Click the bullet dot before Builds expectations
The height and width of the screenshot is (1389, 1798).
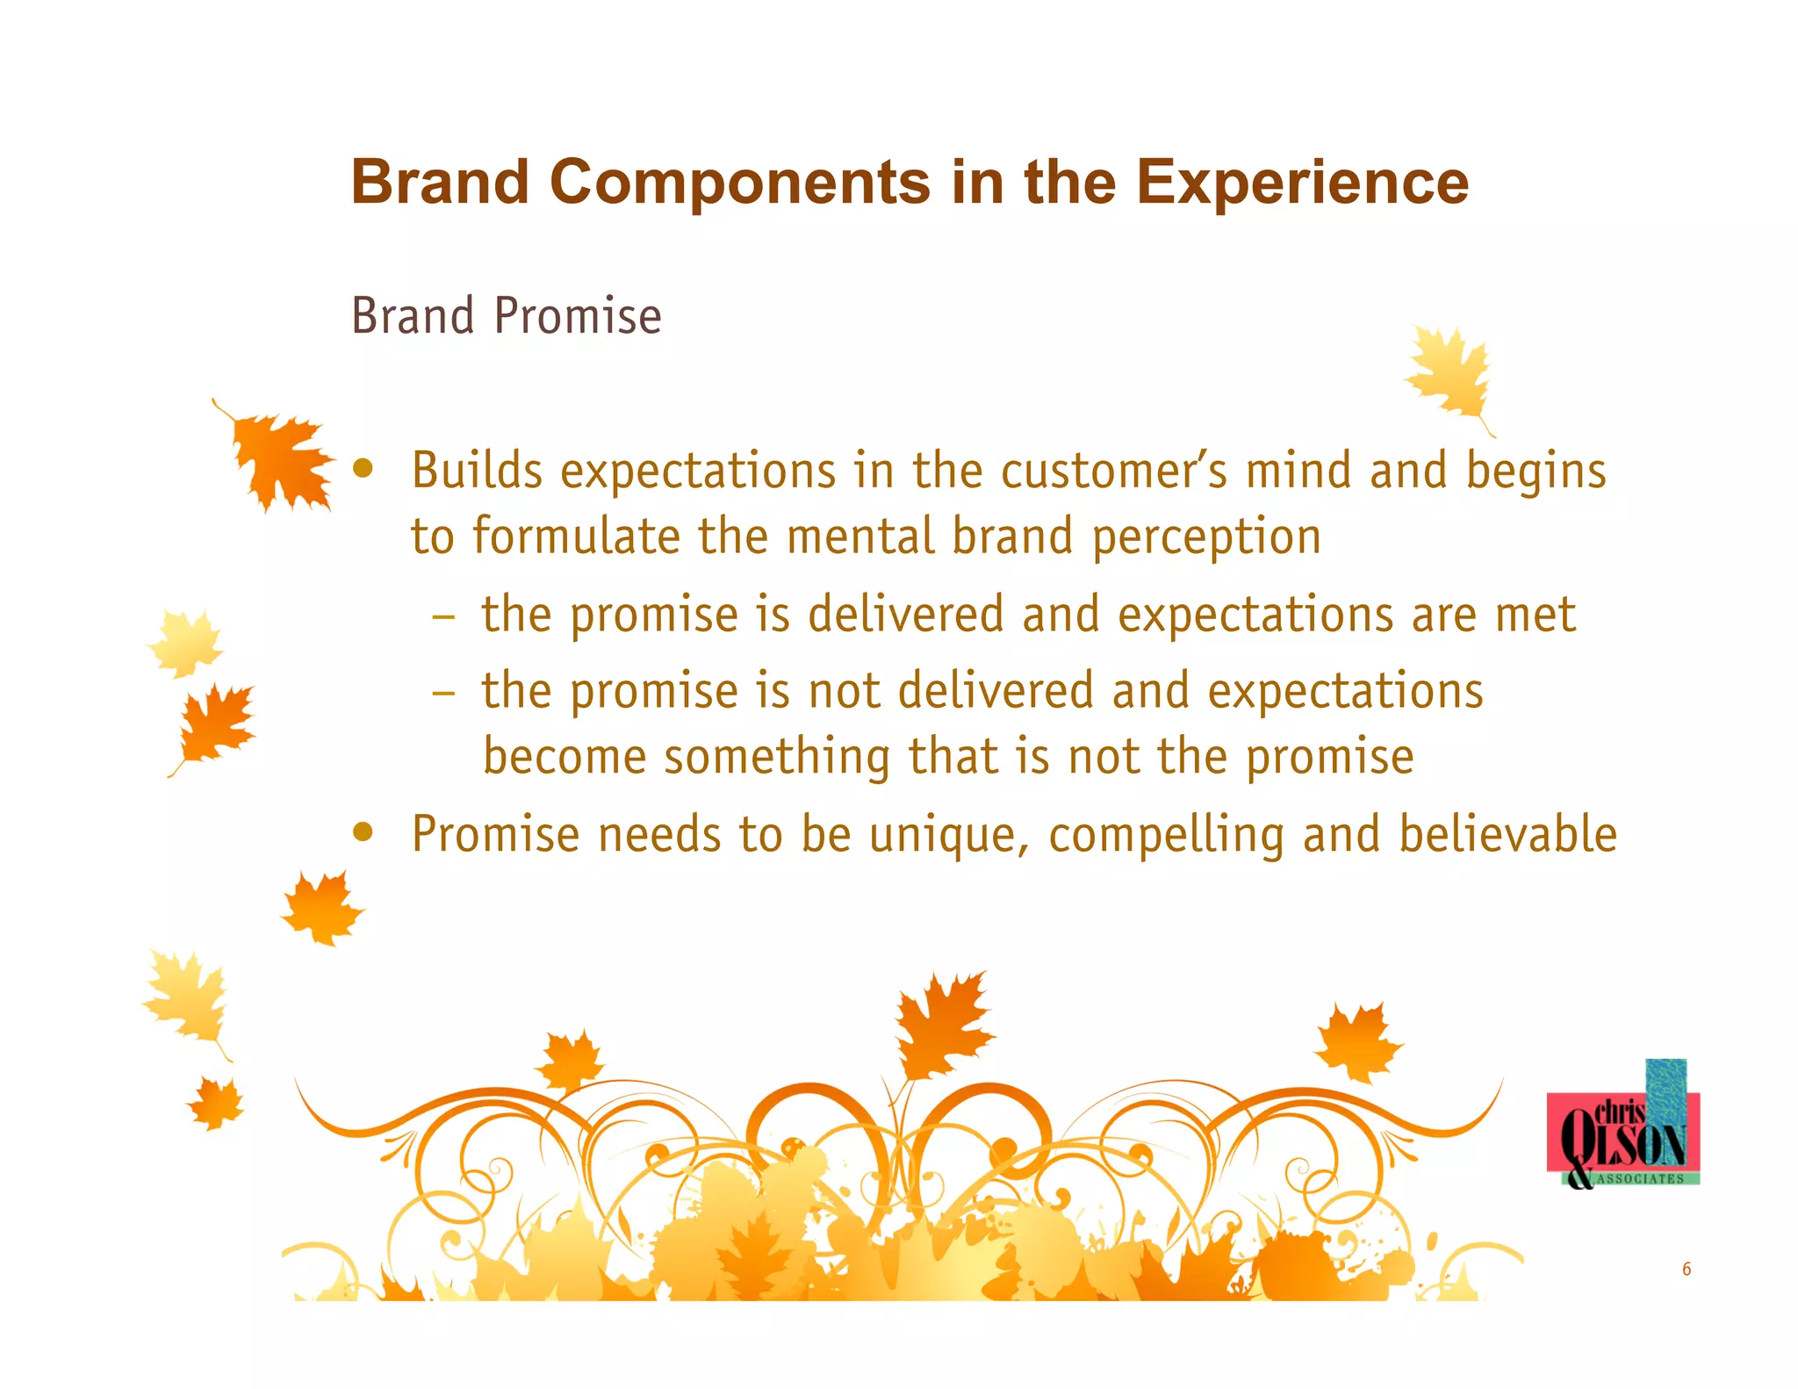coord(363,467)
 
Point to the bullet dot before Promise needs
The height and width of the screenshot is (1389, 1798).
coord(363,831)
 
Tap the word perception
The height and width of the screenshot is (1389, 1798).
coord(1206,537)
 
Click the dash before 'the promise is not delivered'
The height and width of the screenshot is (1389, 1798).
coord(443,692)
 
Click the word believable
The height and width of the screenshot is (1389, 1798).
coord(1507,834)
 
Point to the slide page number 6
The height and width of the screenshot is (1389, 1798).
coord(1686,1269)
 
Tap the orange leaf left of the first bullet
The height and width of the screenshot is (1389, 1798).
coord(279,458)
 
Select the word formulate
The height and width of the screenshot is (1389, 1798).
coord(576,537)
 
